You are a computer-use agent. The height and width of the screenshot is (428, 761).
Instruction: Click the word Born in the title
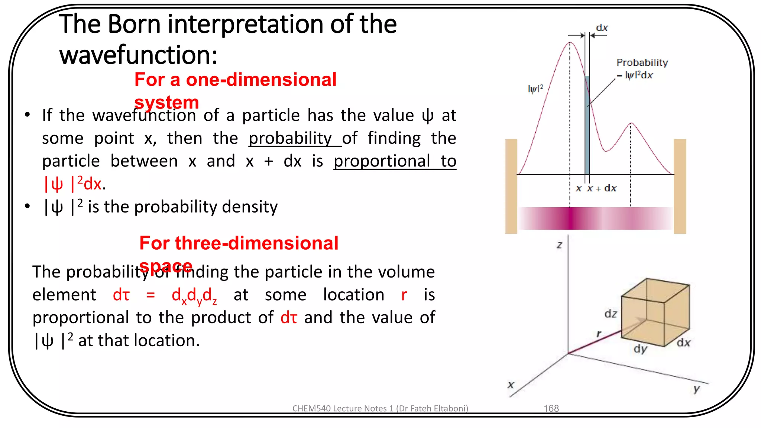(x=135, y=24)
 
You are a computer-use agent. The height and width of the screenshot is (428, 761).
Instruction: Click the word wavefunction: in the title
(x=138, y=55)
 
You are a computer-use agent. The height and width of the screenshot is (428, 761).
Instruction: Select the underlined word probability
(x=290, y=138)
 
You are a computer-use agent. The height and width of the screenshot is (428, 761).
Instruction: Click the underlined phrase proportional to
(x=395, y=161)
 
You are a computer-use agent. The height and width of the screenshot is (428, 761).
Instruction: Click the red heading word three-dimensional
(x=256, y=243)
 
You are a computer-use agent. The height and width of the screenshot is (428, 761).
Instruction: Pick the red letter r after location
(x=404, y=295)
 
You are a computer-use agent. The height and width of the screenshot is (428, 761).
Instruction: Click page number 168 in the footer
(x=551, y=408)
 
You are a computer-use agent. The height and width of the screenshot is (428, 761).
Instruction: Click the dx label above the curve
(x=602, y=28)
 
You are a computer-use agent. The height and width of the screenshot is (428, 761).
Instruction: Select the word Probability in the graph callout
(x=642, y=62)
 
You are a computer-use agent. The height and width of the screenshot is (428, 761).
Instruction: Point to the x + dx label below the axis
(x=601, y=188)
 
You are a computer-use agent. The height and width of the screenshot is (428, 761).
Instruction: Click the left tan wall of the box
(x=511, y=186)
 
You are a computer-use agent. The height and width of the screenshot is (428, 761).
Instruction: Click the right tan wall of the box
(x=680, y=186)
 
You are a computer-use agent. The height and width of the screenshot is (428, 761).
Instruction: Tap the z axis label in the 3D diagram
(x=559, y=245)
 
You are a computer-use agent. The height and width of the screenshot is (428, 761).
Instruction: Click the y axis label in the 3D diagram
(x=696, y=389)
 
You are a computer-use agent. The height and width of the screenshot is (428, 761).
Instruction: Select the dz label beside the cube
(x=611, y=314)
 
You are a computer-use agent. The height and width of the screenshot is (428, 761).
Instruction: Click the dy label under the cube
(x=640, y=349)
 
